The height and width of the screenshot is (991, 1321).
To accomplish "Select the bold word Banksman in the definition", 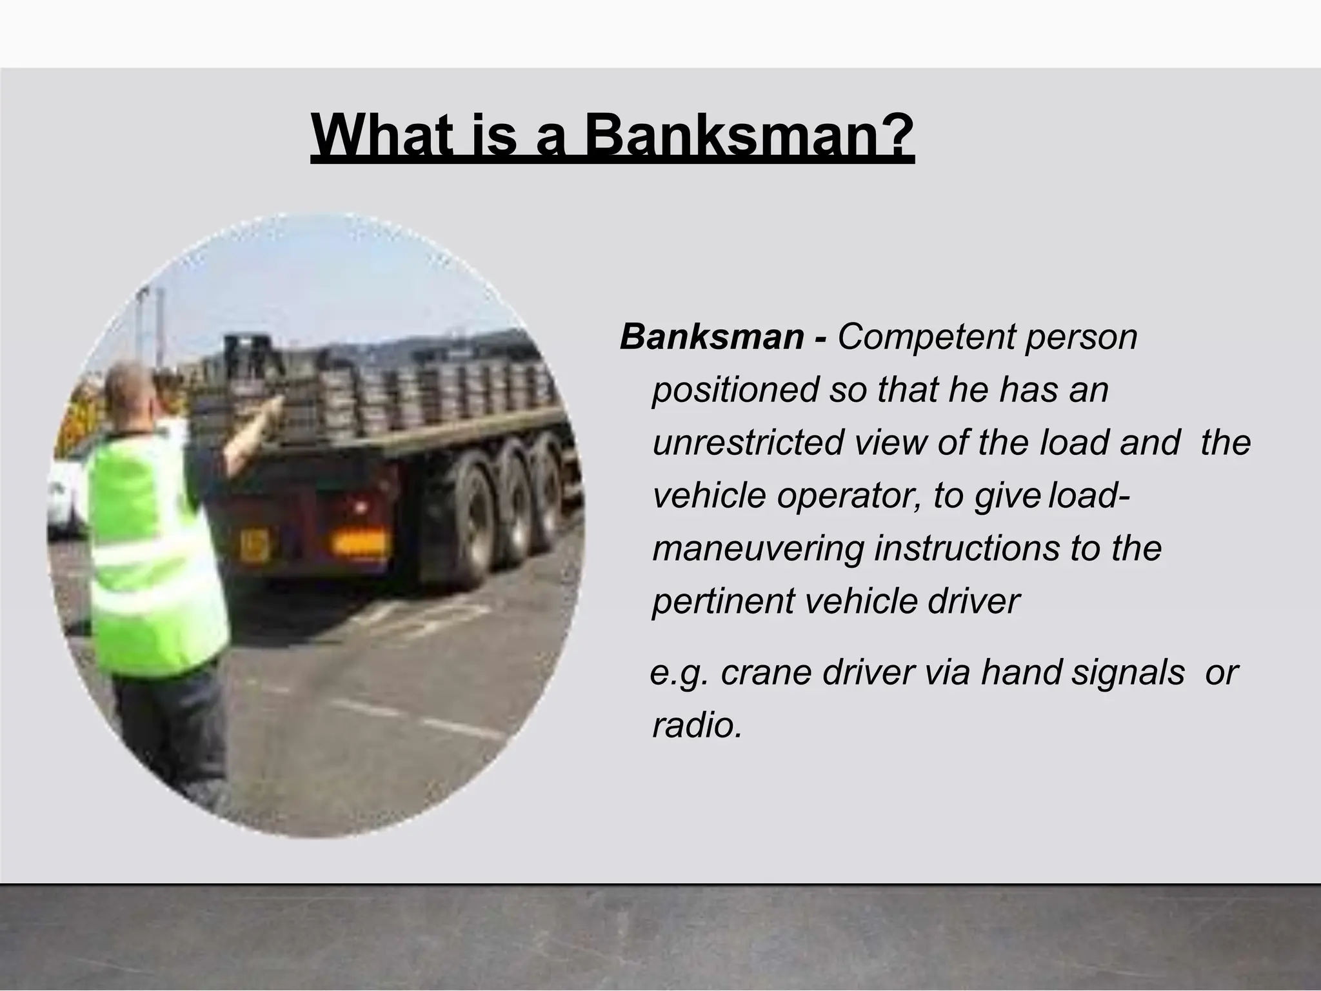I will (712, 337).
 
